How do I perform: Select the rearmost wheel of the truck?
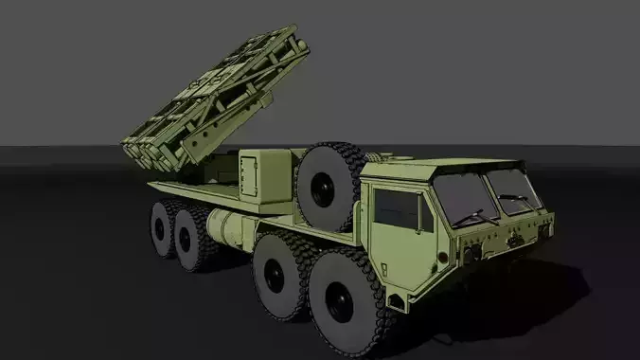[162, 228]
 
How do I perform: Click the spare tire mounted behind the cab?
[329, 188]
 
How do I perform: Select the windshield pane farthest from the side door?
[514, 189]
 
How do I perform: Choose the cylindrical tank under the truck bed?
[226, 228]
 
